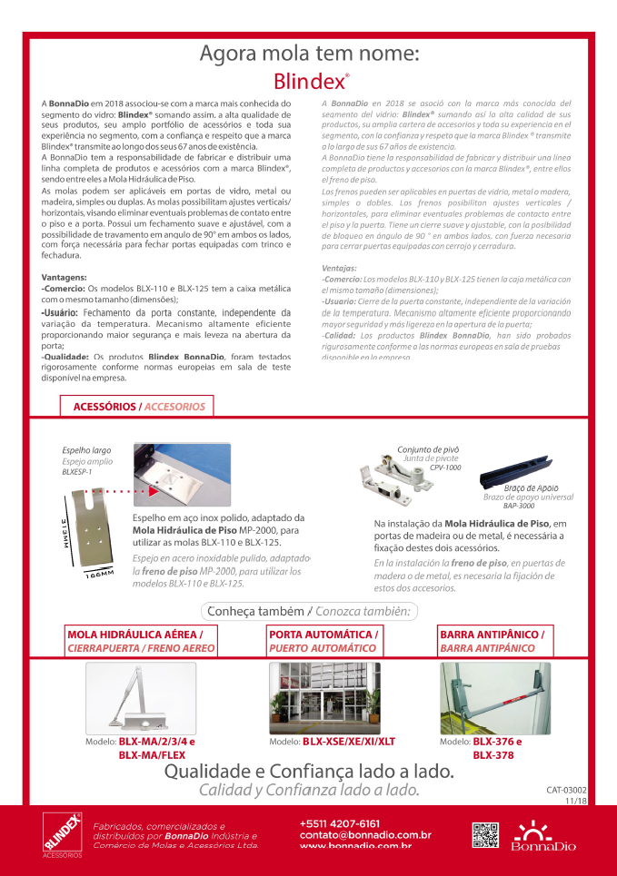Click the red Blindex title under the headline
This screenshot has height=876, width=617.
[311, 81]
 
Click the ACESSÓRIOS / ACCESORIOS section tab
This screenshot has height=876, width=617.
[138, 407]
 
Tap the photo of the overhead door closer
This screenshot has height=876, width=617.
[140, 697]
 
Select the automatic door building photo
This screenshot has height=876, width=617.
[324, 697]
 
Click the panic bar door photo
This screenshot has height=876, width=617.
[494, 697]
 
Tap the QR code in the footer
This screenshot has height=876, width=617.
[486, 835]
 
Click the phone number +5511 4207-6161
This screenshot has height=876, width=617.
[340, 822]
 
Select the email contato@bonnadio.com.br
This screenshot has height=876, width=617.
[365, 834]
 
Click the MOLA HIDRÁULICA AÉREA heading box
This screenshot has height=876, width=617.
[140, 640]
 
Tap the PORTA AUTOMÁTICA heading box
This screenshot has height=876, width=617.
[323, 640]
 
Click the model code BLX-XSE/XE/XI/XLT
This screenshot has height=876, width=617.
[348, 742]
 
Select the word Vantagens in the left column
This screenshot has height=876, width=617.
[65, 276]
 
